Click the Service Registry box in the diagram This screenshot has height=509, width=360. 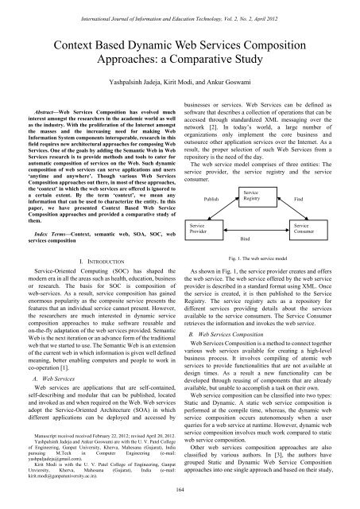point(251,174)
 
